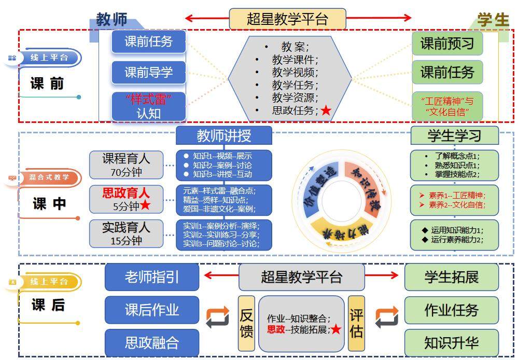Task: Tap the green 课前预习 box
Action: tap(447, 44)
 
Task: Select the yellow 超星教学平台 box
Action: tap(287, 19)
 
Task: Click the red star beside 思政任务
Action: tap(326, 110)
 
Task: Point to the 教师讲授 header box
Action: tap(223, 136)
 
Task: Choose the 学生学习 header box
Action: tap(454, 136)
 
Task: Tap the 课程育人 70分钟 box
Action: tap(126, 165)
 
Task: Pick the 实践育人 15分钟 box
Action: tap(126, 234)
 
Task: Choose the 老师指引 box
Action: tap(152, 277)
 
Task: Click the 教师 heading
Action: tap(111, 20)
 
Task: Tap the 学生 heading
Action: tap(493, 20)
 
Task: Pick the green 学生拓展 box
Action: tap(451, 277)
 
